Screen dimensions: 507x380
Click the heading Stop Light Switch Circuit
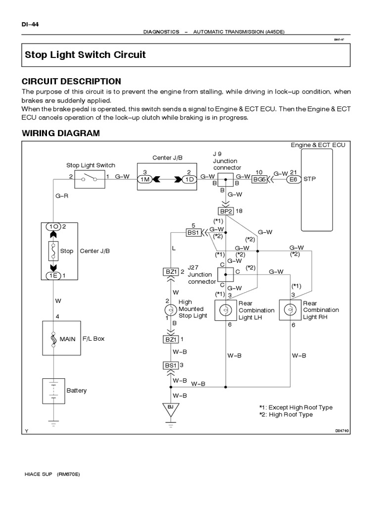85,54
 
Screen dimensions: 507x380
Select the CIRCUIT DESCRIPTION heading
71,81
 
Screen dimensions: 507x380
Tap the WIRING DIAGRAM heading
61,133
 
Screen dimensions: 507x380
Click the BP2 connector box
226,211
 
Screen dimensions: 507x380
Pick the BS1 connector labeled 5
192,232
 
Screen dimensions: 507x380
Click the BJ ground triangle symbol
171,408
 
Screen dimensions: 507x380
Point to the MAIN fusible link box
52,339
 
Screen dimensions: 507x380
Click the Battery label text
77,390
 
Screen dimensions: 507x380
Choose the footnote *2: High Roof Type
285,414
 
